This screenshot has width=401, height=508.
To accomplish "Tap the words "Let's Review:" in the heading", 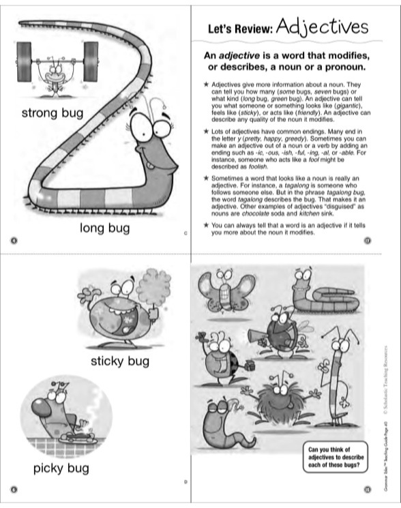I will pos(241,29).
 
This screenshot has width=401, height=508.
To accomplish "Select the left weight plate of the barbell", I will pos(24,60).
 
